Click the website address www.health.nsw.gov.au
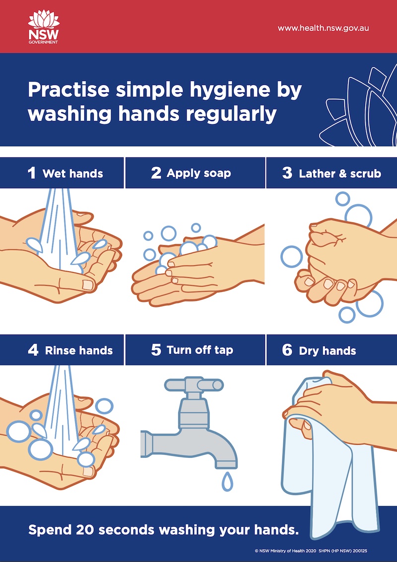point(323,28)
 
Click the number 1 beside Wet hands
point(32,173)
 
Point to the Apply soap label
point(198,173)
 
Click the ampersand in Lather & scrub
point(344,173)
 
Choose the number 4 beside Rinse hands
point(33,350)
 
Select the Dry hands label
point(327,351)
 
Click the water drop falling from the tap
point(227,481)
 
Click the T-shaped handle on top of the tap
point(194,384)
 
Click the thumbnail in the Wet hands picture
point(88,284)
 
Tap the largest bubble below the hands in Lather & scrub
point(370,303)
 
